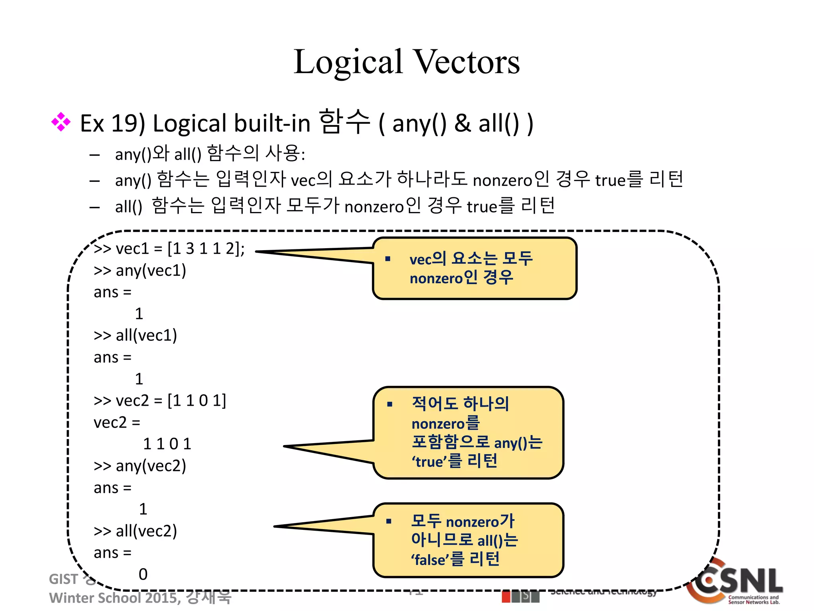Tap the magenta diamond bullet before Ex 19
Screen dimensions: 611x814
click(x=61, y=122)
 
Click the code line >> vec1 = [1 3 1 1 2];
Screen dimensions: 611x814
click(x=169, y=249)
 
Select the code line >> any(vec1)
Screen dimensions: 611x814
click(x=140, y=270)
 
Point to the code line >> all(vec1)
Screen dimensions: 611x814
click(x=136, y=335)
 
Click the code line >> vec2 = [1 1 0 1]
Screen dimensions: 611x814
click(x=160, y=401)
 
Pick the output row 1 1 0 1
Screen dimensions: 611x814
click(x=167, y=444)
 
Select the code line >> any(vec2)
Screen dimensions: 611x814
click(x=140, y=466)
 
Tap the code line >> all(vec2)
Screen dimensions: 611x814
click(x=136, y=531)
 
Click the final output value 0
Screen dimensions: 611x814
click(x=143, y=574)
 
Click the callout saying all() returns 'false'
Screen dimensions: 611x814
click(x=468, y=540)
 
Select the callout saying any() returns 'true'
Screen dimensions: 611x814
click(x=468, y=432)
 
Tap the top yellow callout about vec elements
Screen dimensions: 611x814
click(x=474, y=268)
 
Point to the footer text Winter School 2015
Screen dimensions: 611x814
click(x=115, y=597)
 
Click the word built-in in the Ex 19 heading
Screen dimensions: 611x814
click(x=272, y=123)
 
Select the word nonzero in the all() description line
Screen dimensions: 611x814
click(x=374, y=207)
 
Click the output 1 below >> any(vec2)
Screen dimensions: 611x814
click(x=143, y=509)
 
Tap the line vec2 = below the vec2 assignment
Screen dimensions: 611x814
click(x=117, y=422)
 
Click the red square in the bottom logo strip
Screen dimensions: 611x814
click(x=506, y=597)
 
